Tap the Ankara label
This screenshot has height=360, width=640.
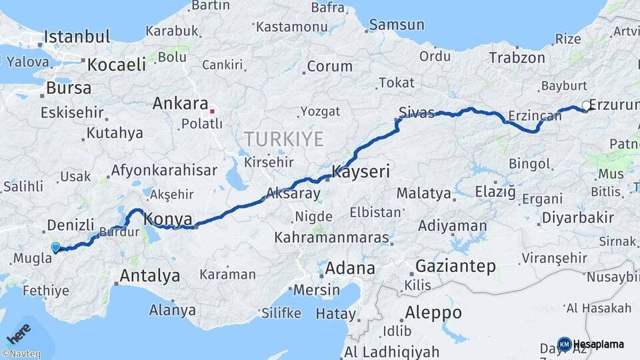click(x=180, y=103)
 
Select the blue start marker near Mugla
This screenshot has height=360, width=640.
click(x=55, y=247)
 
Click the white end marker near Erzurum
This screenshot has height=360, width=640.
click(x=585, y=105)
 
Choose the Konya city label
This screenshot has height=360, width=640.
click(x=168, y=219)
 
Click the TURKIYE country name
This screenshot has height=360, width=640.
click(x=283, y=139)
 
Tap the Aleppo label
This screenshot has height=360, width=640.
click(x=433, y=312)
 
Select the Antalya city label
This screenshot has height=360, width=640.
click(x=149, y=275)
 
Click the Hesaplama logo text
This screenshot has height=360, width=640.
click(x=598, y=344)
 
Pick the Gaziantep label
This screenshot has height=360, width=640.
click(x=455, y=267)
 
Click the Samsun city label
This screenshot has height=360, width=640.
click(x=397, y=25)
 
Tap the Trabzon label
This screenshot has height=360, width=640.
click(x=517, y=57)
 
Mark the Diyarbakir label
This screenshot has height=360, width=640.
click(x=577, y=217)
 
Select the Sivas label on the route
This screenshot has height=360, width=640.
click(x=417, y=112)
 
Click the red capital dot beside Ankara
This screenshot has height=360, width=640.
click(x=212, y=111)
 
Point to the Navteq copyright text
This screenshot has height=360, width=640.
click(x=21, y=354)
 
